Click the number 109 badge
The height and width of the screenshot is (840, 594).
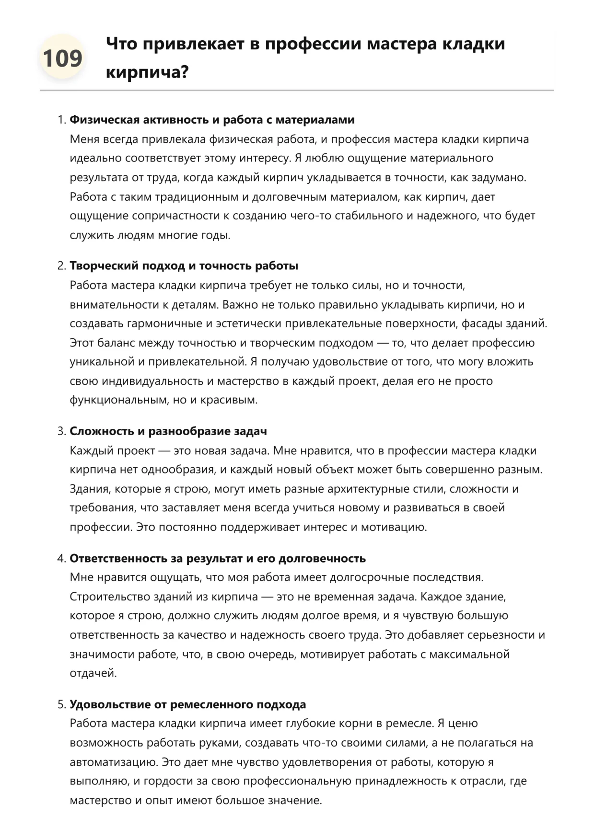coord(62,58)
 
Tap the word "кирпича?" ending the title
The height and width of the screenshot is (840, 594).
coord(147,72)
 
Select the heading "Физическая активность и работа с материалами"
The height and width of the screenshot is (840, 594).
coord(212,119)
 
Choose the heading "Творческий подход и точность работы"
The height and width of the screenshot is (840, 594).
coord(184,265)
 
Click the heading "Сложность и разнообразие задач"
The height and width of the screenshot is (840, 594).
coord(168,431)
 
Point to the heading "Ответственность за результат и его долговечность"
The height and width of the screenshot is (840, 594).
coord(218,558)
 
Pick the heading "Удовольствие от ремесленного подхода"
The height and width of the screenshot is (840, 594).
coord(187,704)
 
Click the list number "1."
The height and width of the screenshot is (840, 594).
coord(61,120)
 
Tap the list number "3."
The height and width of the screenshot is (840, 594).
coord(61,431)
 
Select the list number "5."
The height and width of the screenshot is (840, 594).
coord(61,705)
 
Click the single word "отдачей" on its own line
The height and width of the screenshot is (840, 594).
coord(93,673)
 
